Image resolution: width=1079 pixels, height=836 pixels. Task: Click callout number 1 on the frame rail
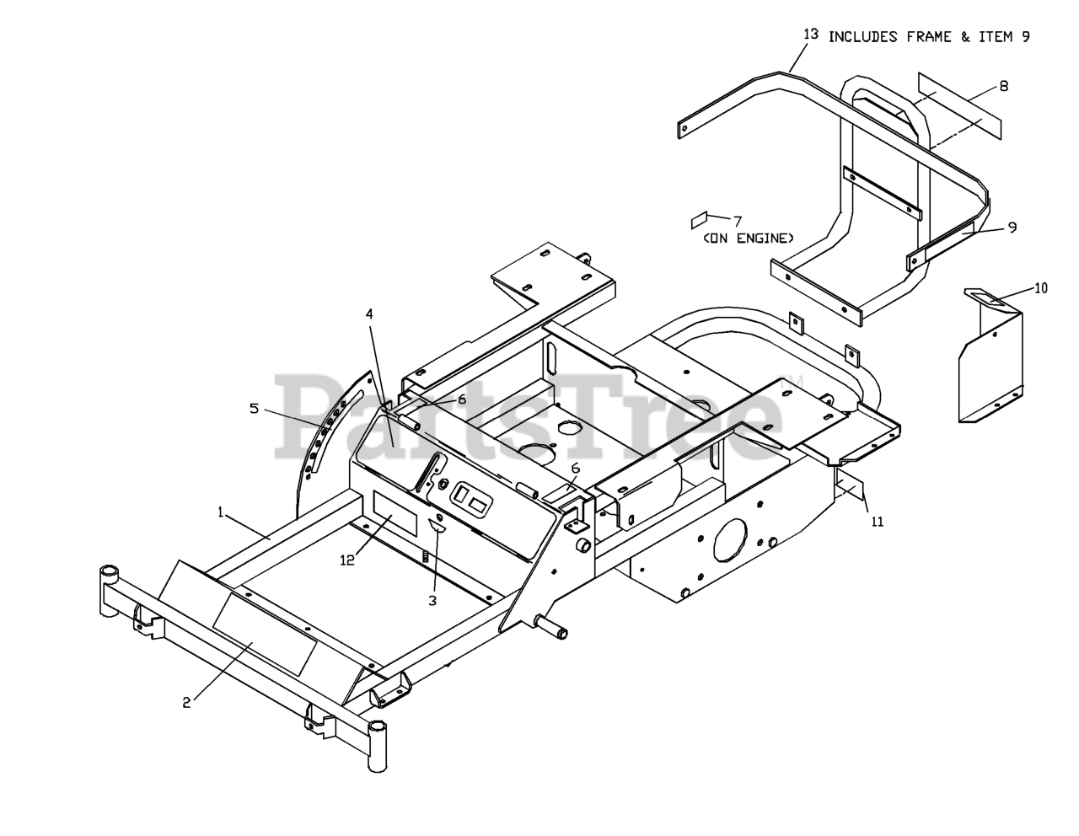(x=221, y=512)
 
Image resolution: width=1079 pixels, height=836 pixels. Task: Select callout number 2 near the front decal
(x=187, y=702)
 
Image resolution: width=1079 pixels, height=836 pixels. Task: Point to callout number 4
(x=368, y=313)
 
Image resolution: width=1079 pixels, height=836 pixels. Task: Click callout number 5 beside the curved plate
(x=254, y=409)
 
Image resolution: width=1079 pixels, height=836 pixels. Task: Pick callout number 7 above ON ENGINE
(x=737, y=221)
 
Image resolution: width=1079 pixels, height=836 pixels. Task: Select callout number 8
(x=1003, y=86)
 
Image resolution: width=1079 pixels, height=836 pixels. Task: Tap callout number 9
(x=1012, y=226)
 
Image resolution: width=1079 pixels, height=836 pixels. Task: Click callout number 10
(x=1041, y=288)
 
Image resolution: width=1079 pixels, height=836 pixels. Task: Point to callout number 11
(x=877, y=522)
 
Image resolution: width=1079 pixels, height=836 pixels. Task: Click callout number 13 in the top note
(x=811, y=35)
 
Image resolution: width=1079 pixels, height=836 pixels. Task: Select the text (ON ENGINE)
(x=748, y=238)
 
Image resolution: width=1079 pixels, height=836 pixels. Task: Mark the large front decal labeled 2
(x=265, y=633)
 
